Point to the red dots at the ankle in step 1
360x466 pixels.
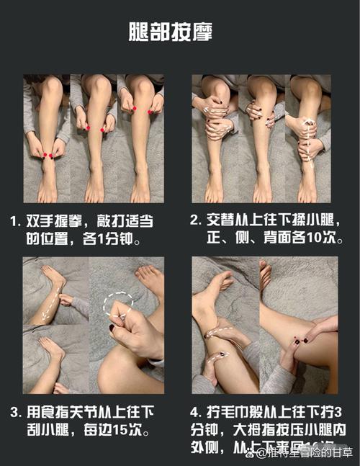pyautogui.click(x=48, y=155)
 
